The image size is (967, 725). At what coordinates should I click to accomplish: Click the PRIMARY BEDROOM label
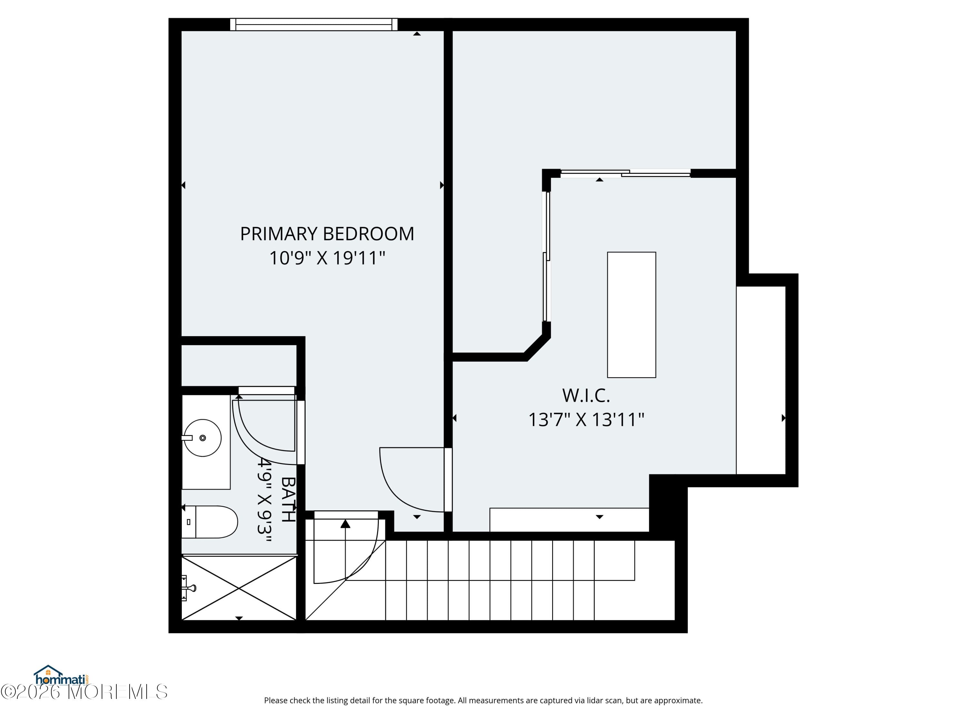coord(327,234)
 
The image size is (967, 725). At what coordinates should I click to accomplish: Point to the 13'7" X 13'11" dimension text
coord(586,420)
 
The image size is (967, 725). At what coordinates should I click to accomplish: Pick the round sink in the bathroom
coord(202,438)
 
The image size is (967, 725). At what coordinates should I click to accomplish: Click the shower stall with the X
coord(239,588)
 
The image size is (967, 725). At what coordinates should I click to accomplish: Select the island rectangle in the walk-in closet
coord(631,314)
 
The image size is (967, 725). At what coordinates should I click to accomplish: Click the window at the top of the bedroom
coord(313,24)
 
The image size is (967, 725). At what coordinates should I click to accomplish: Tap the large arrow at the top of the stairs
coord(345,524)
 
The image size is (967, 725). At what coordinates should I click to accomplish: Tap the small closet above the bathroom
coord(239,365)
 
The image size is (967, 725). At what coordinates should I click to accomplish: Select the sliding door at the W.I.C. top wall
coord(625,173)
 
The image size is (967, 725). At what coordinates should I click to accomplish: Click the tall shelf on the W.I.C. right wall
coord(761,380)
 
